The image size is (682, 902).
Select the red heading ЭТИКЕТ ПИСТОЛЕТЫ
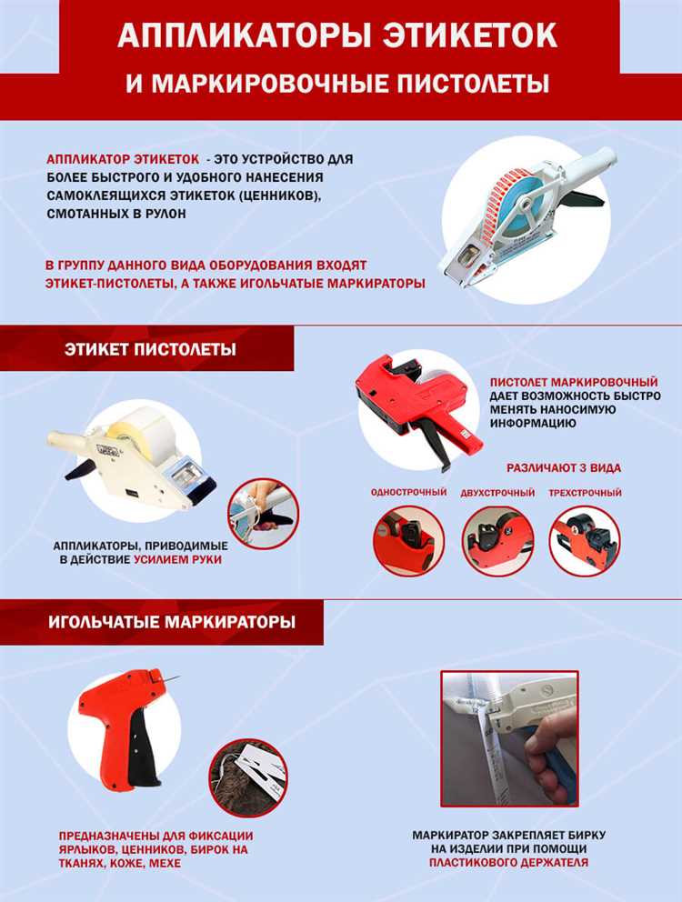[x=150, y=349]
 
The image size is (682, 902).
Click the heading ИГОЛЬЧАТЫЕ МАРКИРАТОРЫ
[x=172, y=622]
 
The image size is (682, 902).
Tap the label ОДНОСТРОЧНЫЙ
[x=408, y=493]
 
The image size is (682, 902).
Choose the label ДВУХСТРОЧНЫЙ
[x=497, y=493]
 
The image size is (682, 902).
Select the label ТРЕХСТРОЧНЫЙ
[x=585, y=493]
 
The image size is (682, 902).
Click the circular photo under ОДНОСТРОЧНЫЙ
[x=408, y=541]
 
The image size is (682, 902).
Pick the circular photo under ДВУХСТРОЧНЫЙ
[x=497, y=541]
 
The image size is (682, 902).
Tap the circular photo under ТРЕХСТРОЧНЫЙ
[x=585, y=541]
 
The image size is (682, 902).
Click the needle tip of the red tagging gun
[x=179, y=677]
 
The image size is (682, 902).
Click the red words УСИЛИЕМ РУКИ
[x=177, y=559]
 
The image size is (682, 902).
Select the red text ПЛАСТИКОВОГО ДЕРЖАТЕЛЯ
[x=508, y=862]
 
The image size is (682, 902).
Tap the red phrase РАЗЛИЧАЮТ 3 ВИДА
[x=564, y=468]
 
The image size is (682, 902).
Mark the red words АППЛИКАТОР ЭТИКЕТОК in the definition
[x=123, y=159]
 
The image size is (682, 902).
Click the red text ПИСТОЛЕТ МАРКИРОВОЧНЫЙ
[x=574, y=382]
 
